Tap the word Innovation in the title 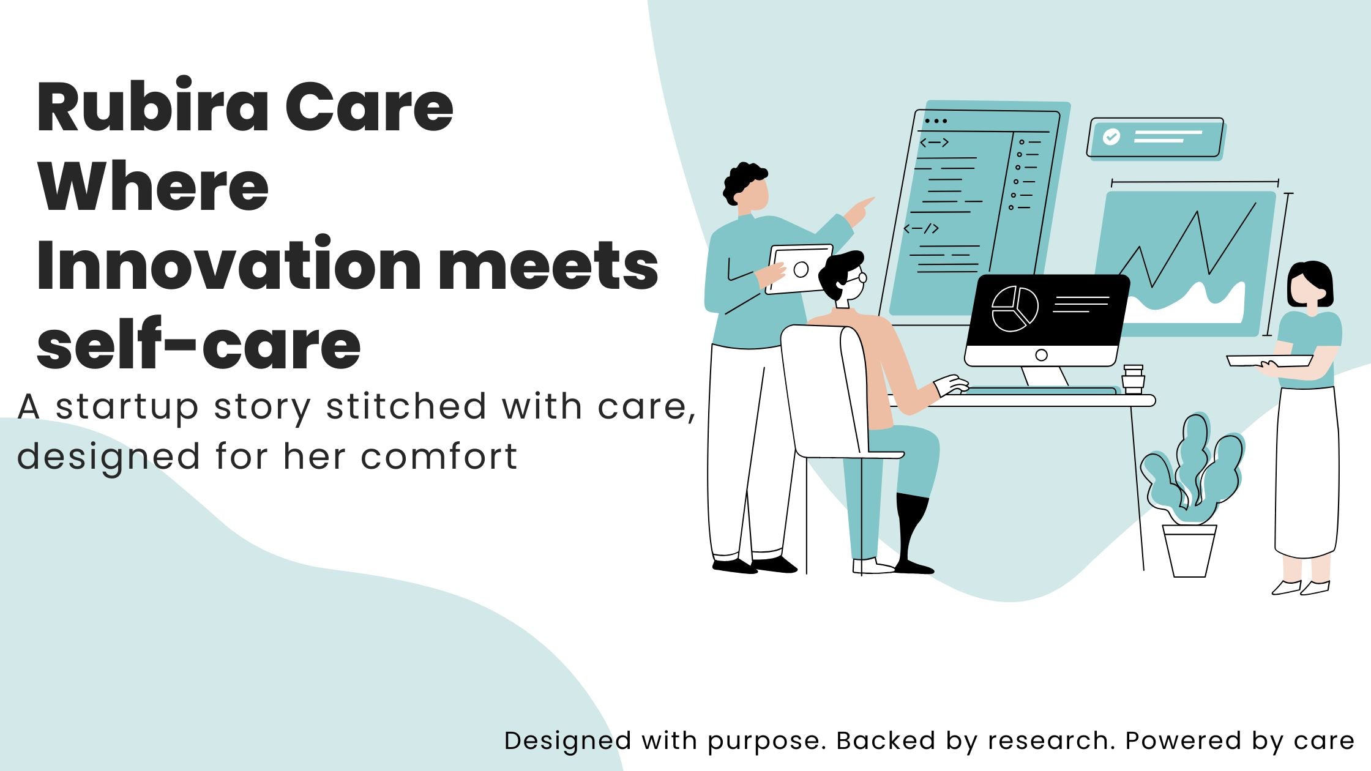click(x=228, y=264)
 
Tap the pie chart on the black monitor click(x=1015, y=308)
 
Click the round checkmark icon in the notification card click(x=1111, y=136)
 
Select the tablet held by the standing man click(x=799, y=269)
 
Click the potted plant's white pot click(x=1189, y=551)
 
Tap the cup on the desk click(x=1133, y=379)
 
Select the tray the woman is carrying click(x=1269, y=361)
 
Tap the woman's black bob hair click(x=1310, y=284)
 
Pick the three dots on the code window click(x=936, y=121)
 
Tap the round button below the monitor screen click(x=1041, y=355)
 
